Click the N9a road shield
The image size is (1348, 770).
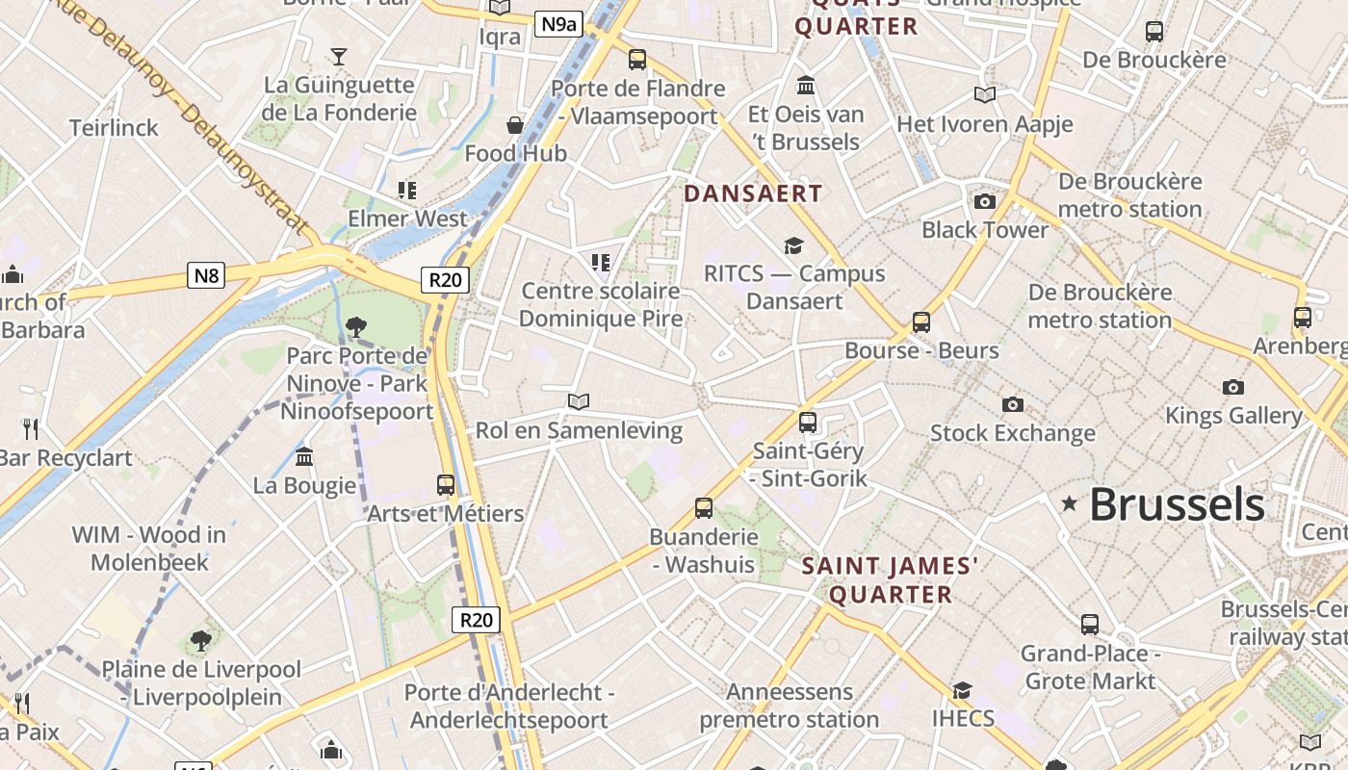click(558, 24)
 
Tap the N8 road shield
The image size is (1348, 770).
click(207, 277)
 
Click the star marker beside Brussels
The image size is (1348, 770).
click(1069, 503)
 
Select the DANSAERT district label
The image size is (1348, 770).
click(753, 193)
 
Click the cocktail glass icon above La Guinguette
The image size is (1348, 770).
click(339, 56)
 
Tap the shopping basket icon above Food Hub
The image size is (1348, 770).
click(515, 125)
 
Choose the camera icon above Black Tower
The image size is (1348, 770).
click(984, 201)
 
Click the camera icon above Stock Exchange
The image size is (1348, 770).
click(1012, 404)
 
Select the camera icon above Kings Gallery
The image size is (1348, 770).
click(1232, 387)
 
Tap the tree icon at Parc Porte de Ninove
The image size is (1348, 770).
click(355, 327)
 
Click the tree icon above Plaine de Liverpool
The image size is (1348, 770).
click(200, 640)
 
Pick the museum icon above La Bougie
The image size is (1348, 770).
click(304, 456)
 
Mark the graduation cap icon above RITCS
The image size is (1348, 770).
click(793, 245)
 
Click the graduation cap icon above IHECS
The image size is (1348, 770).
click(962, 690)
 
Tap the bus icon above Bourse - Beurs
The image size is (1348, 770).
click(921, 321)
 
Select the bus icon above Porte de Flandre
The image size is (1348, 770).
click(637, 60)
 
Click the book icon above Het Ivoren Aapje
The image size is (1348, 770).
click(984, 94)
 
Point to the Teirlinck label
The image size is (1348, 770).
click(114, 128)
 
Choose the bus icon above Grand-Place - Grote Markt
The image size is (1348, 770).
click(1089, 625)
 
